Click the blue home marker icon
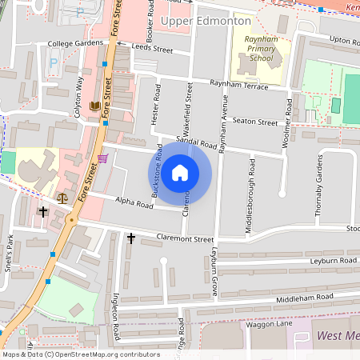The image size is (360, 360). click(x=180, y=172)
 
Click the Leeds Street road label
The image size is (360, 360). click(x=152, y=50)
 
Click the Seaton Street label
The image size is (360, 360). click(x=254, y=122)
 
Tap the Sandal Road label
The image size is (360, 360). click(x=197, y=145)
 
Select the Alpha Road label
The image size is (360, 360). click(x=134, y=204)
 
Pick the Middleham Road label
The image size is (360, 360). click(x=303, y=298)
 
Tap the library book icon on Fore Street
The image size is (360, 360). click(x=95, y=106)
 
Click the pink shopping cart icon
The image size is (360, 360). click(x=102, y=159)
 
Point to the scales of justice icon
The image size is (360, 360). click(x=62, y=196)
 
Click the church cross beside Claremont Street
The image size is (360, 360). click(x=131, y=238)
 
